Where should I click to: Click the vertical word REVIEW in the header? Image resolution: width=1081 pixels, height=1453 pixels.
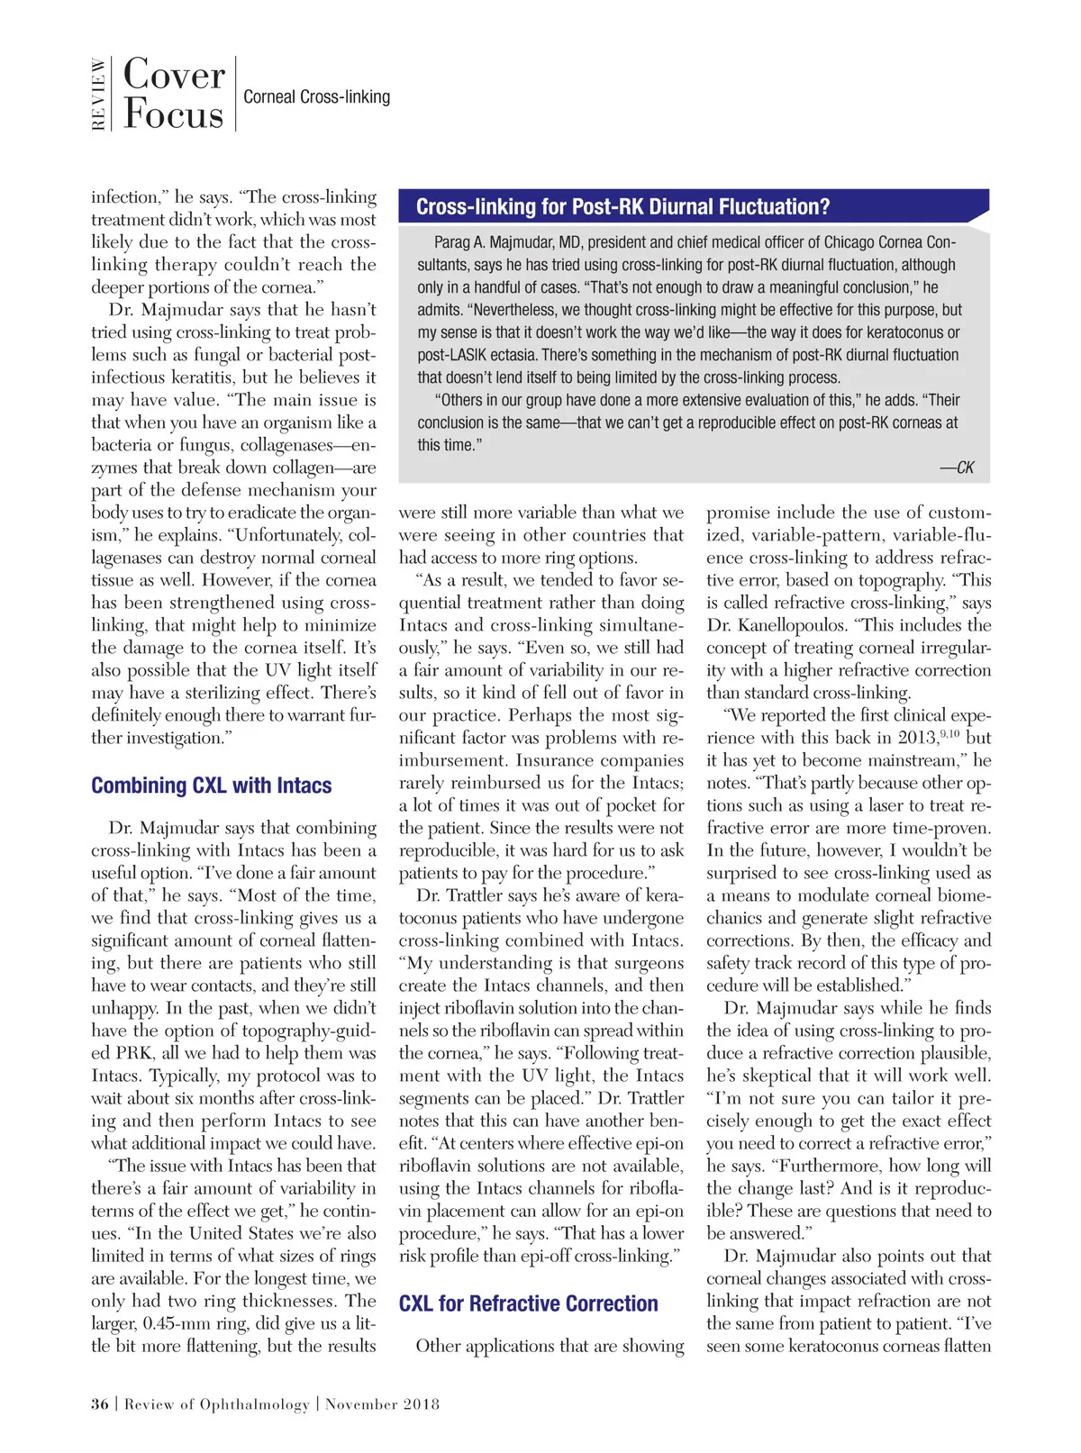[x=98, y=95]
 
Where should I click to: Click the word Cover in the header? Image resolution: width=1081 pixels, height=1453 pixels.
[x=174, y=75]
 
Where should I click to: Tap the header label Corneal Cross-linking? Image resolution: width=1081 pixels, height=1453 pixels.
[x=316, y=96]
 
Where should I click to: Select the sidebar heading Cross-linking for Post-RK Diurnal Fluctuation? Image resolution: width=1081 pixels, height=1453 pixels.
[x=622, y=207]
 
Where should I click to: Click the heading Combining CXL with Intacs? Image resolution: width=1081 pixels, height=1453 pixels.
[x=211, y=786]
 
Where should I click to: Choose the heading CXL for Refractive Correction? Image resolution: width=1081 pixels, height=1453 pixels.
[x=528, y=1303]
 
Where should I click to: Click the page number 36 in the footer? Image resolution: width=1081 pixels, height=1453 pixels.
[x=99, y=1404]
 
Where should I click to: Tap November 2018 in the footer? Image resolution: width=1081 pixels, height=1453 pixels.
[x=382, y=1404]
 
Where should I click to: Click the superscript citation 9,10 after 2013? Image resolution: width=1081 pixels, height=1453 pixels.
[x=949, y=734]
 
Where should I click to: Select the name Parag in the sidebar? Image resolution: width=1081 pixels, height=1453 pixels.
[x=452, y=242]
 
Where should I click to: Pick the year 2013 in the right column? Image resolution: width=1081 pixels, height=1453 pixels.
[x=917, y=738]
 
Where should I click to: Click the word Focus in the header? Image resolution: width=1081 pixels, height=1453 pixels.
[x=173, y=114]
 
